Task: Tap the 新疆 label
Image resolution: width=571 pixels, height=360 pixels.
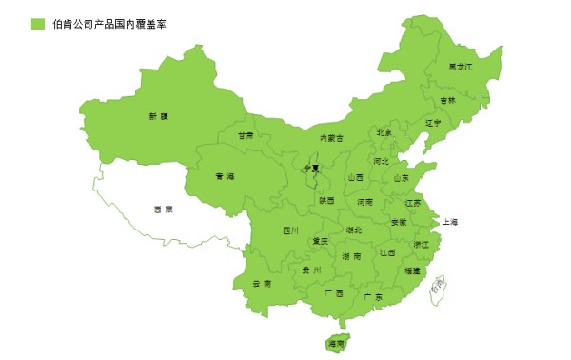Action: (158, 117)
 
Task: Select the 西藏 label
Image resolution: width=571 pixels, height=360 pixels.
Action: (163, 209)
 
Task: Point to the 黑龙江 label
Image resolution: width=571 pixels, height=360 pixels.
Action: (461, 67)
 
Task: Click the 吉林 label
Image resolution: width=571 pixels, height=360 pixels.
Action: (447, 100)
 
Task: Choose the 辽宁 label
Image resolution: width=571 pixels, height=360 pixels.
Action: (434, 123)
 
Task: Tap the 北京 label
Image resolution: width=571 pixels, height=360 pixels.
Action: (384, 133)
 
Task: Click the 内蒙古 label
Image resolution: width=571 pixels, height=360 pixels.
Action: (330, 138)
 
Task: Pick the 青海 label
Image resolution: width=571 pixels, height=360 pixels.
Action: (225, 176)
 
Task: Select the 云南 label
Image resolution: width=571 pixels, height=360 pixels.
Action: (261, 284)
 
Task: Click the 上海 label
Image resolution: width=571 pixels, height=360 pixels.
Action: (450, 223)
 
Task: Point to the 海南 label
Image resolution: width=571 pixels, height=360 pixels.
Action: (336, 343)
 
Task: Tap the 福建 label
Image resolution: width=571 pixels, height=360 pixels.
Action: (412, 271)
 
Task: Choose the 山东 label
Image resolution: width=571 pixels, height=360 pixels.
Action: (402, 178)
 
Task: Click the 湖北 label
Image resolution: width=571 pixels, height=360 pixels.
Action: (353, 230)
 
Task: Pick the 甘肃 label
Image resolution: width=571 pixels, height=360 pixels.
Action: (246, 136)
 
